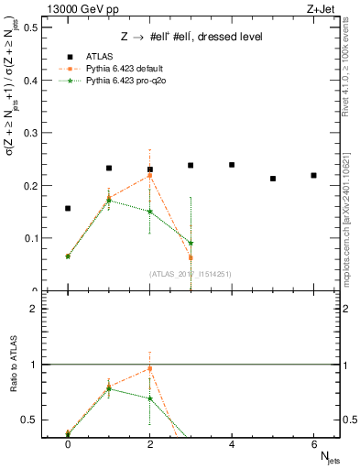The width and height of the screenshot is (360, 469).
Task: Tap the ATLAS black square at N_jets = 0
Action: pyautogui.click(x=68, y=209)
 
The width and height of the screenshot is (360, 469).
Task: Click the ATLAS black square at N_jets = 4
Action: pyautogui.click(x=232, y=165)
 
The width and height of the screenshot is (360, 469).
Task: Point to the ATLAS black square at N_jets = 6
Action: pyautogui.click(x=313, y=175)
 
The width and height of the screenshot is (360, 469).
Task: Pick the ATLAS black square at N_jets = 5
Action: pyautogui.click(x=273, y=179)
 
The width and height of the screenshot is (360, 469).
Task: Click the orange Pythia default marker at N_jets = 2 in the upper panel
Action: pyautogui.click(x=150, y=175)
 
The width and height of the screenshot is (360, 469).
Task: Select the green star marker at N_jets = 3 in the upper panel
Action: pyautogui.click(x=191, y=244)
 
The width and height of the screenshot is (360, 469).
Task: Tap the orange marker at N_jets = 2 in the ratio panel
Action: pyautogui.click(x=150, y=369)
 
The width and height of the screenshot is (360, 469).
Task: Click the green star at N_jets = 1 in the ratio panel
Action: pyautogui.click(x=109, y=388)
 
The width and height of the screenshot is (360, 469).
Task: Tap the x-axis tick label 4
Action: pyautogui.click(x=232, y=443)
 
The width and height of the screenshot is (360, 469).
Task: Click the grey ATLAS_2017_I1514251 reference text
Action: pyautogui.click(x=191, y=273)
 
